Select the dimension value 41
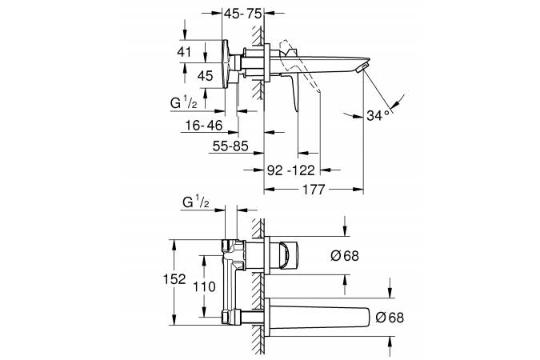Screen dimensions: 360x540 [184, 50]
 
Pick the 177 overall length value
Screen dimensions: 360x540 [314, 190]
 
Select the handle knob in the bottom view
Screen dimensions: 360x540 [287, 254]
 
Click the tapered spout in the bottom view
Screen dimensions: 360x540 [320, 315]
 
